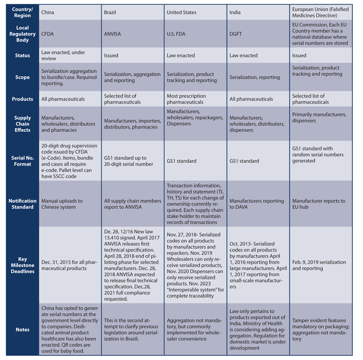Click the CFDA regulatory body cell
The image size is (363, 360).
(x=49, y=34)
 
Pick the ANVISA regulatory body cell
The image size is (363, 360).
(x=114, y=34)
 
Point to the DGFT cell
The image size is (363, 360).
(x=238, y=34)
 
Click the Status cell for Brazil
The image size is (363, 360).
(x=111, y=56)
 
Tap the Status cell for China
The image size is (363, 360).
(x=62, y=56)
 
